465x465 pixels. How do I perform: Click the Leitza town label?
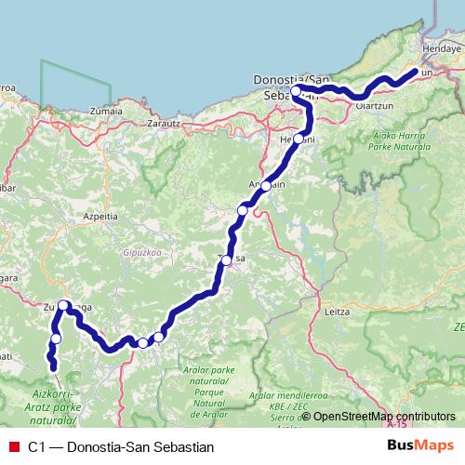[339, 312]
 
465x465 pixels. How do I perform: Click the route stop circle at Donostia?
[297, 92]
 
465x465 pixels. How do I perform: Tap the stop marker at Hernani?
[299, 139]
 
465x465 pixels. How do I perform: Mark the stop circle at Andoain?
[266, 186]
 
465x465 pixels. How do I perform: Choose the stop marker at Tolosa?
[226, 259]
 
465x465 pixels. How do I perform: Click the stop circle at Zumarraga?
[63, 305]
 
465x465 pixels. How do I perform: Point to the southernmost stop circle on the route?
[55, 339]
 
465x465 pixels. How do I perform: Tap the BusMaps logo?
[420, 445]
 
